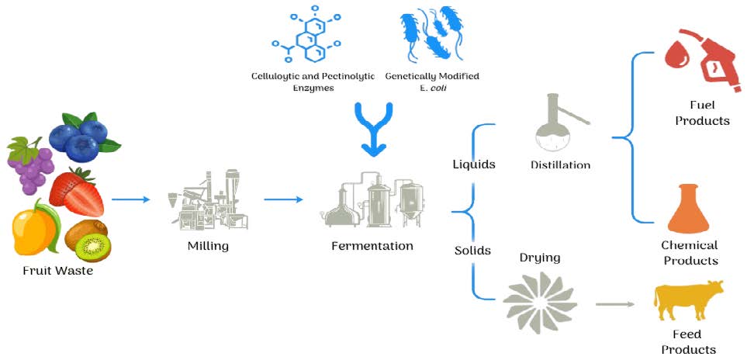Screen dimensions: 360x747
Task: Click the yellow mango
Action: tap(34, 229)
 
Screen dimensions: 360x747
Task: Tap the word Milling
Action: tap(208, 247)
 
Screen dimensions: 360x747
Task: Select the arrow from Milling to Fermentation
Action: tap(283, 199)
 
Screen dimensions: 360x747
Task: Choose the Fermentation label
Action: tap(372, 246)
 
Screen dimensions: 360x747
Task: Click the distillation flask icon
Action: tap(557, 124)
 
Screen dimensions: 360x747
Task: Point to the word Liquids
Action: tap(474, 164)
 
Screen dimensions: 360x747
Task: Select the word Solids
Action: tap(472, 251)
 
